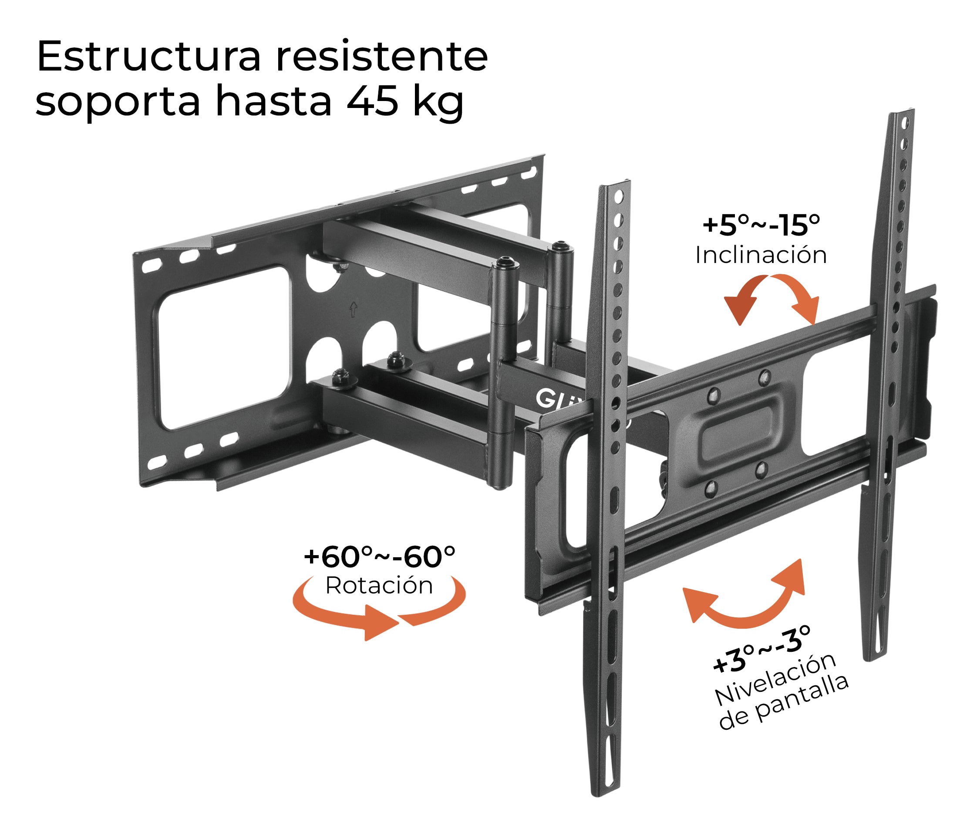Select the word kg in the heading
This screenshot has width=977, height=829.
438,102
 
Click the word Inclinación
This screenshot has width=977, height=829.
760,255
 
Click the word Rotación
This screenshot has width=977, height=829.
379,586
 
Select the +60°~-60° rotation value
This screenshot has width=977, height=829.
379,557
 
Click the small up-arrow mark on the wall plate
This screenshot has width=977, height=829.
354,309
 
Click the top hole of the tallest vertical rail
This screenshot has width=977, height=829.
906,123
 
